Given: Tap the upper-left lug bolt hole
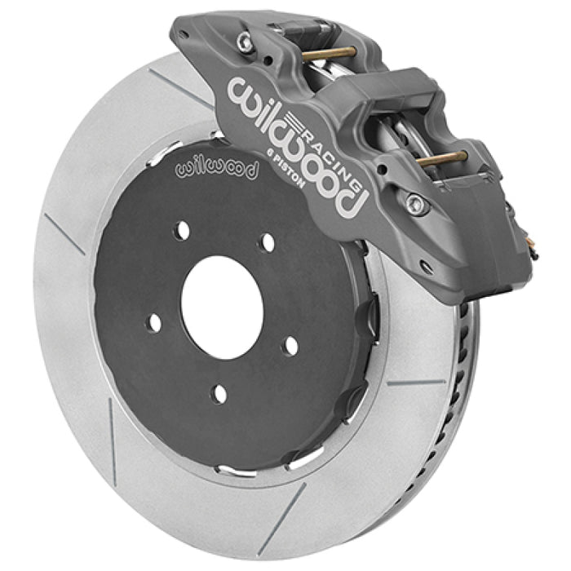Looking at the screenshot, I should [184, 231].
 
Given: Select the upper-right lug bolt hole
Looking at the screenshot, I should [266, 241].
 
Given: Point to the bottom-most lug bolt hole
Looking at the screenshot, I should [218, 394].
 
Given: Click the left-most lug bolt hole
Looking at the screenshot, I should [154, 323].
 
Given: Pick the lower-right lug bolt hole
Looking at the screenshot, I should [290, 346].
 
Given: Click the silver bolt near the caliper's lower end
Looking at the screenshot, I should [417, 205].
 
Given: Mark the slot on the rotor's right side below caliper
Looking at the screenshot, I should [414, 382].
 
